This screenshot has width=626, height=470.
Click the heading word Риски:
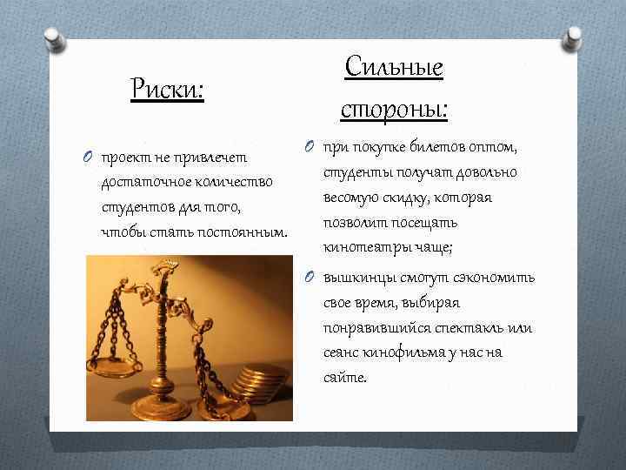(x=167, y=88)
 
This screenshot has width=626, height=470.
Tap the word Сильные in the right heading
(x=394, y=66)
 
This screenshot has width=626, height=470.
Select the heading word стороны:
(x=394, y=109)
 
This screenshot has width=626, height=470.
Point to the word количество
(x=230, y=183)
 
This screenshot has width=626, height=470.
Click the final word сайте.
(x=345, y=378)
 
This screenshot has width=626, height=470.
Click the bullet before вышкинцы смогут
(x=311, y=279)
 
